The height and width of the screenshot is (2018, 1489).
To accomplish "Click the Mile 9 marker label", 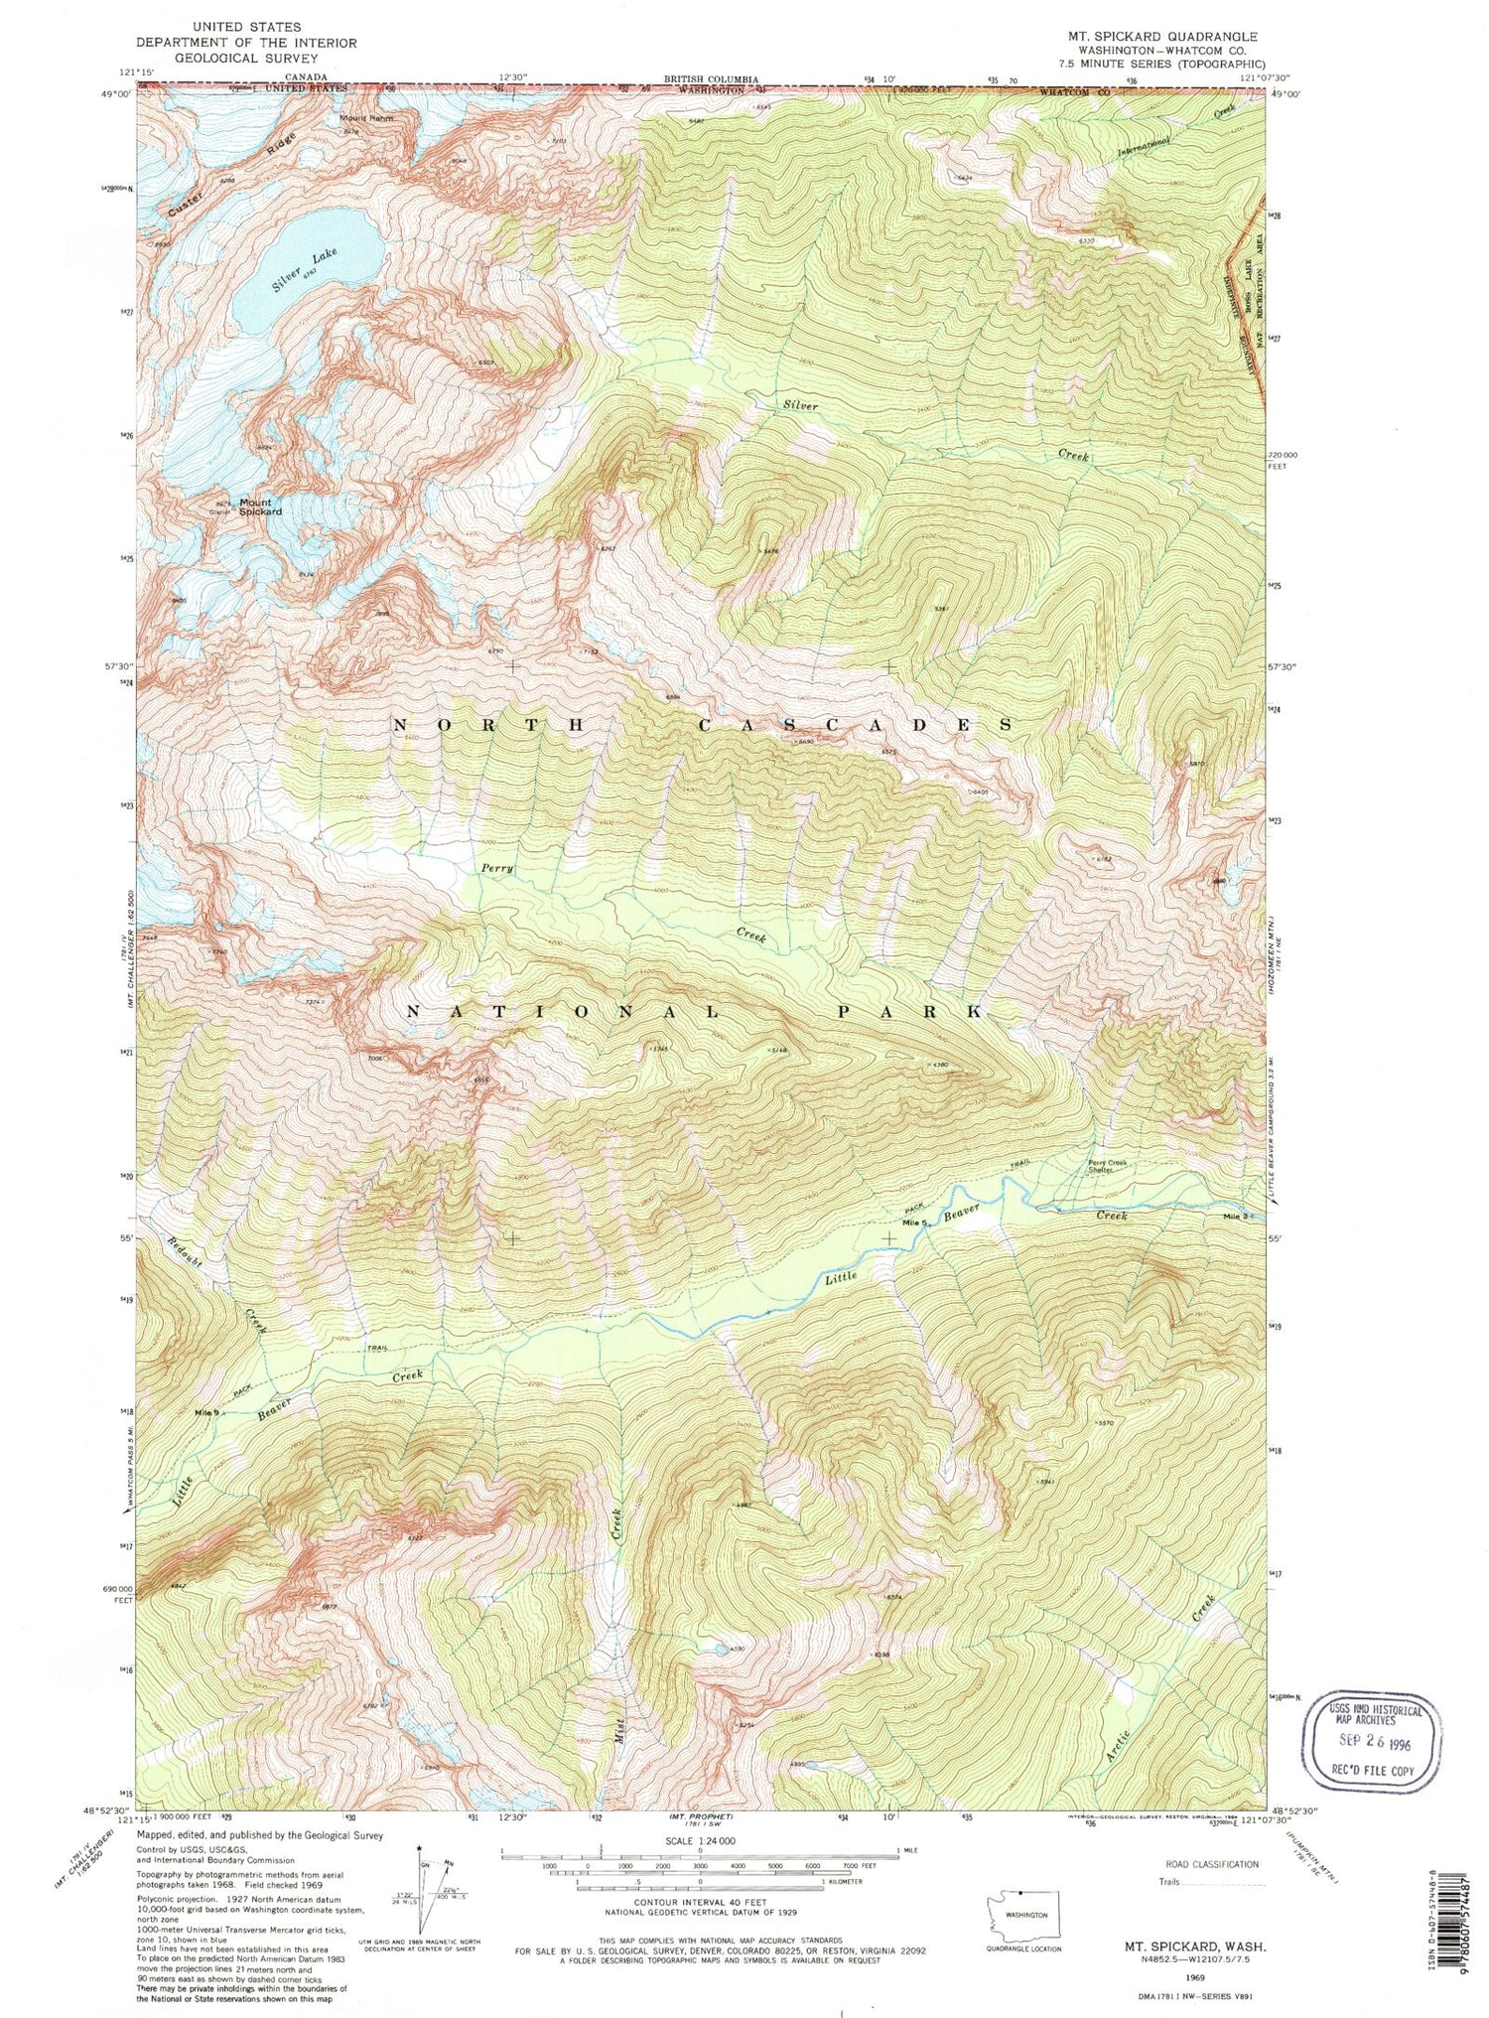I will coord(207,1412).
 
